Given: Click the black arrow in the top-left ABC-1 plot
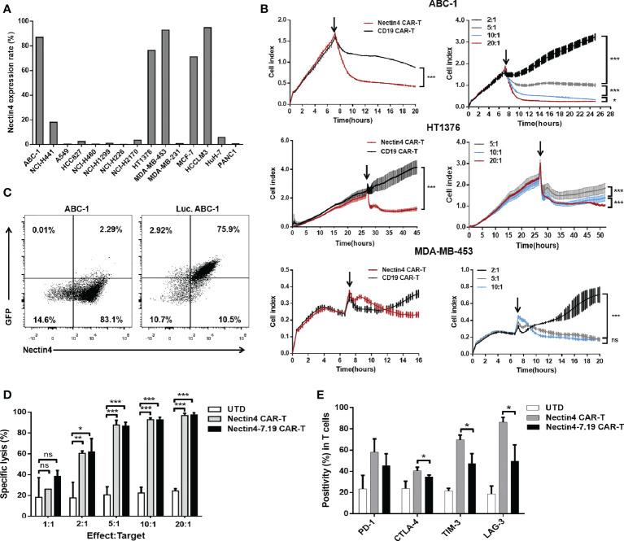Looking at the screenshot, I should [334, 21].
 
